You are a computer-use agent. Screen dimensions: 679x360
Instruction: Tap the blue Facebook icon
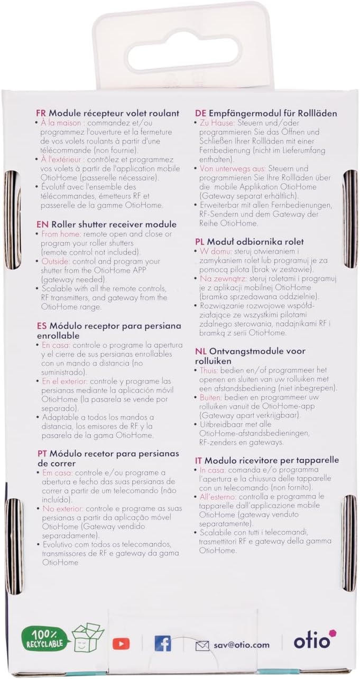point(162,643)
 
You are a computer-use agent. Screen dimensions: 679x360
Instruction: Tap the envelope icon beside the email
point(202,645)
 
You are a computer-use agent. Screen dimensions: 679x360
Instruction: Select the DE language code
point(200,113)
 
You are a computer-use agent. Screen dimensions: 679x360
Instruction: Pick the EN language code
point(42,224)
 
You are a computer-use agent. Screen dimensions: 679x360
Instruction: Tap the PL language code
point(200,241)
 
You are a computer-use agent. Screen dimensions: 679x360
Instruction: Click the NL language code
point(200,351)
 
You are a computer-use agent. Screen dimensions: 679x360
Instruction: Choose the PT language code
point(42,453)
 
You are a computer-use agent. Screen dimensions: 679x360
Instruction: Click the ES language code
point(42,326)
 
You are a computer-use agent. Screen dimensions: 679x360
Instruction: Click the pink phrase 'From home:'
point(60,234)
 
